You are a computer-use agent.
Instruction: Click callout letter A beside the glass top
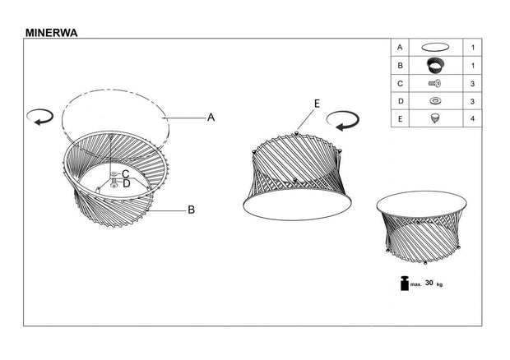click(x=211, y=118)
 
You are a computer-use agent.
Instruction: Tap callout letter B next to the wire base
click(x=191, y=210)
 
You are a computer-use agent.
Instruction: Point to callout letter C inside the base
click(x=126, y=173)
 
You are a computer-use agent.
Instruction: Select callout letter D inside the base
click(x=126, y=183)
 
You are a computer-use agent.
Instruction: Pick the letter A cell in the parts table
click(x=400, y=48)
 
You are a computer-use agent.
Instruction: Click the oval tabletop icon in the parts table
click(x=436, y=48)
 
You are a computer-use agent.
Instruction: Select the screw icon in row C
click(x=436, y=83)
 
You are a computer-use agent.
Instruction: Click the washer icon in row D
click(x=436, y=100)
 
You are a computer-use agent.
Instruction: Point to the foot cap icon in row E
click(x=436, y=118)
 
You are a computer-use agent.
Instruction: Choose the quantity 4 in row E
click(x=472, y=118)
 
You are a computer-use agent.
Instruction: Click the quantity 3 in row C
click(x=472, y=83)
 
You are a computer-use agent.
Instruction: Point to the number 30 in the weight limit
click(x=429, y=283)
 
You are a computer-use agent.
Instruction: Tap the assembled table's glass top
click(x=422, y=203)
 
